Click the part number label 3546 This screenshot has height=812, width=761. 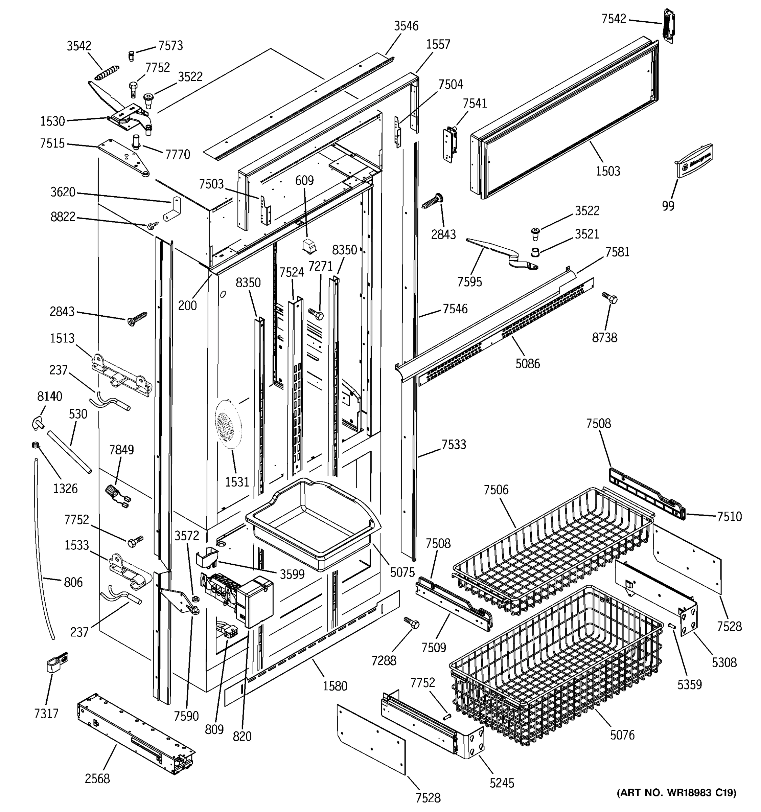point(406,26)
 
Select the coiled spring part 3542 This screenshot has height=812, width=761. point(107,72)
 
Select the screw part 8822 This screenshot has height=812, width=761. point(154,225)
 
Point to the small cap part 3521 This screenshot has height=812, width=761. point(535,252)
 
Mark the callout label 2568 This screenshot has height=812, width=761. point(97,779)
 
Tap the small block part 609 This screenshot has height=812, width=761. point(309,246)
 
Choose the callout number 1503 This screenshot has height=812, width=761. point(607,171)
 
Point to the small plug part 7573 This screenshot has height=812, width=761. point(131,55)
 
